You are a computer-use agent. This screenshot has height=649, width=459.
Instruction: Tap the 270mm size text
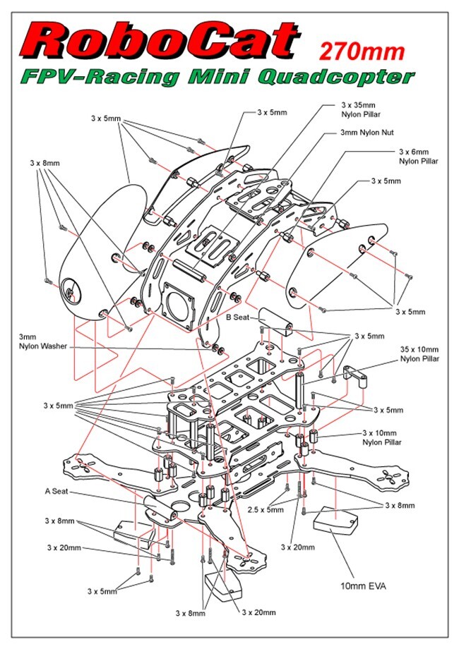(x=362, y=51)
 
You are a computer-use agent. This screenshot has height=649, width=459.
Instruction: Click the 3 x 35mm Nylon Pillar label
(x=357, y=111)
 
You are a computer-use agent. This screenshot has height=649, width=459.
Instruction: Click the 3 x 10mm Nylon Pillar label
(x=382, y=437)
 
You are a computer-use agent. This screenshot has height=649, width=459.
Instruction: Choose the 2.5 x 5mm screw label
(x=266, y=509)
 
